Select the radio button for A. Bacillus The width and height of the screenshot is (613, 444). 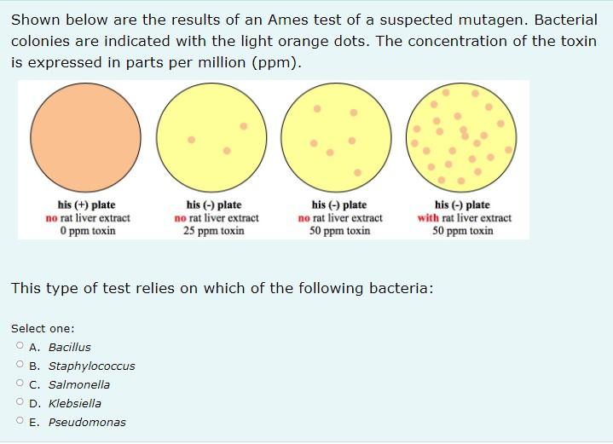(20, 347)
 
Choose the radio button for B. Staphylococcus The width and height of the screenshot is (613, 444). (20, 366)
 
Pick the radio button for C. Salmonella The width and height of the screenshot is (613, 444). (20, 384)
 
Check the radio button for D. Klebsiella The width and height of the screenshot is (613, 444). (20, 403)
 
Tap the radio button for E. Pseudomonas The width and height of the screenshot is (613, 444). (20, 422)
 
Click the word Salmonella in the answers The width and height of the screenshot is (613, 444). (79, 384)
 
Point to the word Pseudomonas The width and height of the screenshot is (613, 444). (87, 422)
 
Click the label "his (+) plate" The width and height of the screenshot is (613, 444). (87, 205)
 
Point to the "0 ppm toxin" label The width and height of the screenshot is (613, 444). (87, 230)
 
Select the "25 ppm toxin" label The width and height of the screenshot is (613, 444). (214, 230)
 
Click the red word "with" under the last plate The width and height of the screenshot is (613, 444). (428, 217)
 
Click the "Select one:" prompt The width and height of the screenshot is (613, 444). (43, 328)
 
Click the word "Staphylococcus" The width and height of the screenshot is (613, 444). (91, 366)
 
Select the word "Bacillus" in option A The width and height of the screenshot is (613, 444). (69, 347)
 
